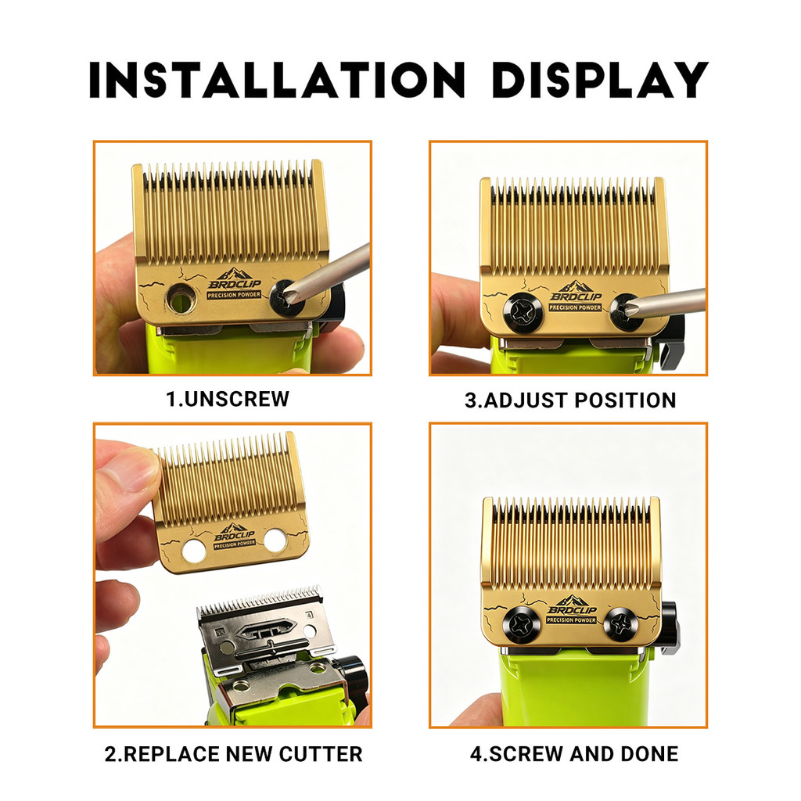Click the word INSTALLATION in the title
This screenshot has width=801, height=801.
[277, 80]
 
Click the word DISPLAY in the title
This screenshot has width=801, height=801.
[600, 80]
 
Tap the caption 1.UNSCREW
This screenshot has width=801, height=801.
[228, 399]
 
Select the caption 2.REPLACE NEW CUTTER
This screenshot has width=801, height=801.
[233, 754]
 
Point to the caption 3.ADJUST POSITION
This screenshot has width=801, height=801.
[570, 400]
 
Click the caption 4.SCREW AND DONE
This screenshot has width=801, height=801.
[574, 754]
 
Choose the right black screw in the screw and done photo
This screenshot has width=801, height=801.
[620, 624]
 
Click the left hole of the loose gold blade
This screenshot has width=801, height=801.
[194, 550]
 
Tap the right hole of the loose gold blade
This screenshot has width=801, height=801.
[275, 540]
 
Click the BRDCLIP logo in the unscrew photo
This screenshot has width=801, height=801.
[235, 282]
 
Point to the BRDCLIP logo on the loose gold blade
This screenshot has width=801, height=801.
[235, 535]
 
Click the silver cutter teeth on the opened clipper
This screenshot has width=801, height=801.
[260, 598]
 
